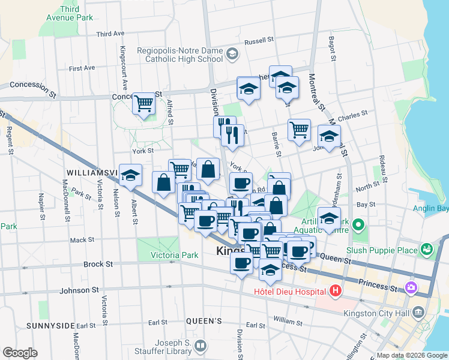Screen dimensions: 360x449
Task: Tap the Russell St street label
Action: pyautogui.click(x=259, y=41)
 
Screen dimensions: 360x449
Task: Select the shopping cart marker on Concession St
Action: pyautogui.click(x=143, y=104)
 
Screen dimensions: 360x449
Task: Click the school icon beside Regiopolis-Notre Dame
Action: pyautogui.click(x=233, y=55)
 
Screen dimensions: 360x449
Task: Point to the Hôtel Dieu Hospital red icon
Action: pyautogui.click(x=336, y=292)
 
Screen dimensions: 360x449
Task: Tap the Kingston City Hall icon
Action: pyautogui.click(x=418, y=313)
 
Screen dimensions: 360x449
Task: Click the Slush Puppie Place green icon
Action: pyautogui.click(x=427, y=248)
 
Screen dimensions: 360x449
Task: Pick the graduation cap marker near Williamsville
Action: pyautogui.click(x=130, y=175)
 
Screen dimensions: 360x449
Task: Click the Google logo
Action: pyautogui.click(x=20, y=353)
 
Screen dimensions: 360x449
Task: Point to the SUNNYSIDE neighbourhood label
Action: pyautogui.click(x=50, y=325)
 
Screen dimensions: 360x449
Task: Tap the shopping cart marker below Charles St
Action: pyautogui.click(x=299, y=129)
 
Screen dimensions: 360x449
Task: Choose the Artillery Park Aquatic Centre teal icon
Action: pyautogui.click(x=359, y=226)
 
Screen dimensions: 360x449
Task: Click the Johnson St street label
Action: pyautogui.click(x=79, y=290)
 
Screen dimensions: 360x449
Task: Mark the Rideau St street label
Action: pyautogui.click(x=382, y=166)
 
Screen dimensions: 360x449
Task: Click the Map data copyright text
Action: pyautogui.click(x=411, y=355)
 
